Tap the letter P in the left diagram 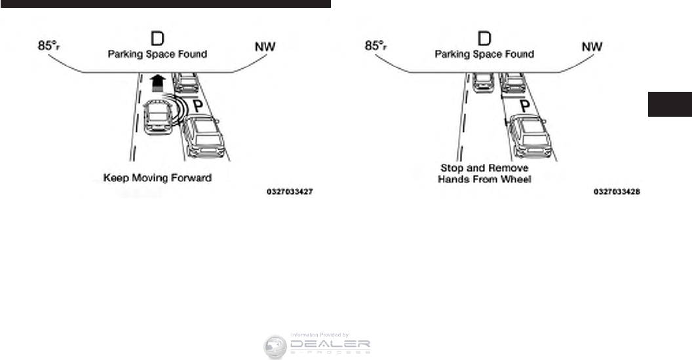[x=196, y=107]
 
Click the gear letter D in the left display [x=157, y=37]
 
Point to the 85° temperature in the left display [x=49, y=47]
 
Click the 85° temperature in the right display [x=376, y=47]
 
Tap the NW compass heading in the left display [x=265, y=47]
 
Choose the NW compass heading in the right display [x=592, y=47]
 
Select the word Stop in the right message [x=452, y=169]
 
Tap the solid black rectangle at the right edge [x=670, y=104]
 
